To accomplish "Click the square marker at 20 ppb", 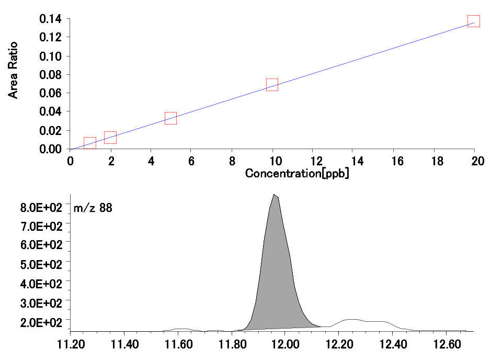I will pos(474,21).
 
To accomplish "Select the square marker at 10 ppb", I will pos(272,85).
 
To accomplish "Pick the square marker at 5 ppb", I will pos(170,118).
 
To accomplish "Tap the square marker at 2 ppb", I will pos(110,138).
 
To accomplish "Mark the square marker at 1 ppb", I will pos(90,143).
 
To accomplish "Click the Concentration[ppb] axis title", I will pos(297,173).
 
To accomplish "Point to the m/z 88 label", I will pos(93,208).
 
